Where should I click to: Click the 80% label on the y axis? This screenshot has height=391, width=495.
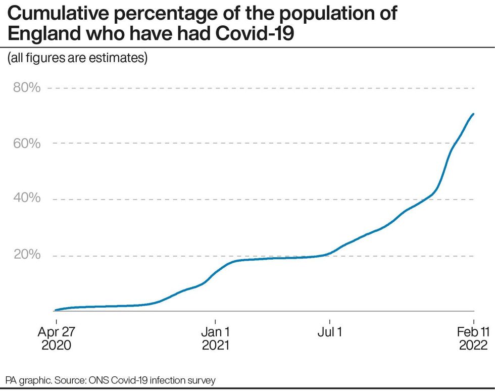tap(26, 88)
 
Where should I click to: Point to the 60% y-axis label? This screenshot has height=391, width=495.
tap(26, 143)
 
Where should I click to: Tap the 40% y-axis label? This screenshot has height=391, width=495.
tap(26, 199)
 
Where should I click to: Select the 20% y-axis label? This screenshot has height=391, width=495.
tap(26, 254)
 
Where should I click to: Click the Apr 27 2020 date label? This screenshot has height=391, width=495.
tap(56, 339)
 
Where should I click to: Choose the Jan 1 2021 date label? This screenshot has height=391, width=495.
tap(216, 339)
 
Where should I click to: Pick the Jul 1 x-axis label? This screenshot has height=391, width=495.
tap(330, 332)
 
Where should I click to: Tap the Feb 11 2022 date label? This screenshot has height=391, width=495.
tap(473, 339)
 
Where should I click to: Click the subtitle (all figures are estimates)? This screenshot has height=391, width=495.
tap(77, 58)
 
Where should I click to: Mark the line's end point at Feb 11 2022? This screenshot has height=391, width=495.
tap(473, 114)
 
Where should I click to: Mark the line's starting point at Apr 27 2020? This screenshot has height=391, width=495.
tap(55, 310)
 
